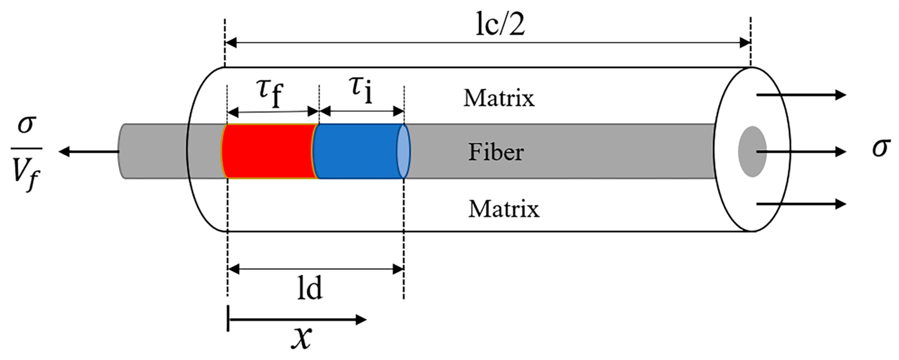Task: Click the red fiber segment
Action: click(x=269, y=151)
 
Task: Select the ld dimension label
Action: click(x=310, y=288)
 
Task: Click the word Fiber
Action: click(x=496, y=152)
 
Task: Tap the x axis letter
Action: click(x=301, y=338)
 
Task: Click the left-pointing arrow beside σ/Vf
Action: click(x=89, y=151)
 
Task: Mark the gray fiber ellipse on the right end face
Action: click(x=752, y=151)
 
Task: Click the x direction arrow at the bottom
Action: click(x=297, y=319)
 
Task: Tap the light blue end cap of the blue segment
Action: click(x=403, y=151)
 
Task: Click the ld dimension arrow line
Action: click(x=316, y=269)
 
